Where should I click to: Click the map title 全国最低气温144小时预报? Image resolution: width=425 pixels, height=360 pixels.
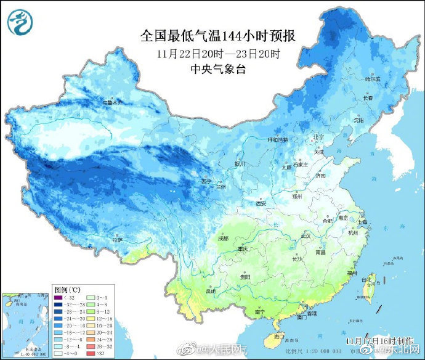pyautogui.click(x=218, y=36)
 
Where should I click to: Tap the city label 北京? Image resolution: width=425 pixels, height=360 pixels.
pyautogui.click(x=318, y=136)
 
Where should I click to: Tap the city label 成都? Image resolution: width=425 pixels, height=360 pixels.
pyautogui.click(x=222, y=238)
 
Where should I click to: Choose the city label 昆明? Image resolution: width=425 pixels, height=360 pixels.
pyautogui.click(x=211, y=290)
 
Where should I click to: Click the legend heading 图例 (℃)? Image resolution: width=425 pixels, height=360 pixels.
pyautogui.click(x=66, y=288)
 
